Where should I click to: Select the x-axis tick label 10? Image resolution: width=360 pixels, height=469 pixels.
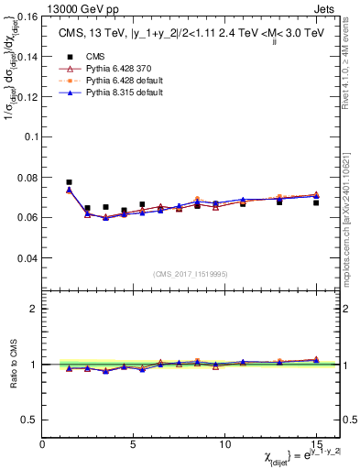(224, 443)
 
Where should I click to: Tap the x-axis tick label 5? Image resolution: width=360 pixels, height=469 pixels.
(134, 443)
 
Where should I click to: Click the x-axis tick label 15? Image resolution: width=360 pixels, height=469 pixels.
(315, 443)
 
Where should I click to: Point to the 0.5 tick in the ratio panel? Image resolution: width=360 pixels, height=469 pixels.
(29, 420)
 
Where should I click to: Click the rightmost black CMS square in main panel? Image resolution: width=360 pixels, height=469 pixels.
(315, 202)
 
